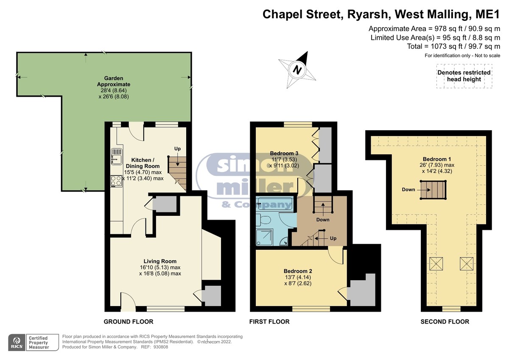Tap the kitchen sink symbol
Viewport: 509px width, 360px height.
(117, 156)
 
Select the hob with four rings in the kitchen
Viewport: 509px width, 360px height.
(116, 181)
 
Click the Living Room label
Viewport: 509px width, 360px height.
(160, 261)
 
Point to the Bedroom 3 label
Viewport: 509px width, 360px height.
(284, 153)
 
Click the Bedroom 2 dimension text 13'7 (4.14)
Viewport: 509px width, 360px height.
(298, 277)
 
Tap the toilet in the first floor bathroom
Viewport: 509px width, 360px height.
(263, 220)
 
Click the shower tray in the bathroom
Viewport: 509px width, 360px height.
(265, 237)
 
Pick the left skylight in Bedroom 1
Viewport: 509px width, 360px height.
(436, 264)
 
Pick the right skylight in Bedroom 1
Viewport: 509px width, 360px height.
(467, 264)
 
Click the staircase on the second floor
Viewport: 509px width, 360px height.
(433, 190)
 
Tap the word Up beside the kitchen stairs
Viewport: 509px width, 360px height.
(177, 148)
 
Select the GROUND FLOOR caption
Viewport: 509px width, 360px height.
(129, 321)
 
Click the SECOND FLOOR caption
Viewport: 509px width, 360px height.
(445, 321)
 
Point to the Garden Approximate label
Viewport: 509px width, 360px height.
(114, 81)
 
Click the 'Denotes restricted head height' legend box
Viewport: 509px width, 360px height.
(464, 76)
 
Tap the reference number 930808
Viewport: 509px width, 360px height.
(161, 347)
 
